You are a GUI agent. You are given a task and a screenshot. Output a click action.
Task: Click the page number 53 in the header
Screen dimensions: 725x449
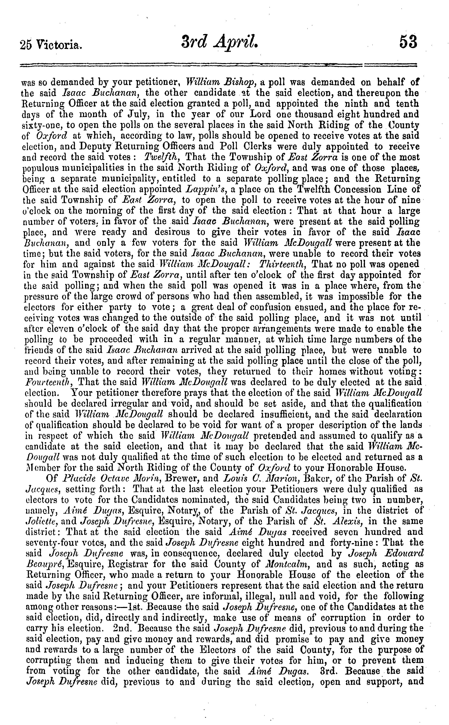[x=408, y=42]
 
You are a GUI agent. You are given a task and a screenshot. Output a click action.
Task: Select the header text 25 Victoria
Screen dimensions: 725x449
[x=51, y=45]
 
